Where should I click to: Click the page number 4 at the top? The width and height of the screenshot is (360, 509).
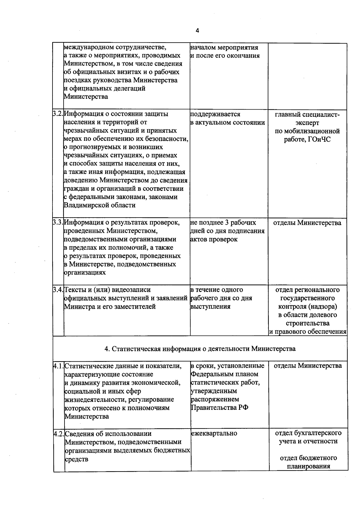pyautogui.click(x=197, y=31)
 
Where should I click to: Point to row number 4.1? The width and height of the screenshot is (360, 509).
pyautogui.click(x=59, y=366)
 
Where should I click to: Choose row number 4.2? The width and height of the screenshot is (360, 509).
pyautogui.click(x=59, y=434)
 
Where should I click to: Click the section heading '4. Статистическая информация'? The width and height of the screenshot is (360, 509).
pyautogui.click(x=200, y=348)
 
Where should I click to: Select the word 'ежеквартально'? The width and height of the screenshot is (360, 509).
pyautogui.click(x=214, y=433)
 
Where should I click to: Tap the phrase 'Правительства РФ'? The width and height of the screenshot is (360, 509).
pyautogui.click(x=220, y=408)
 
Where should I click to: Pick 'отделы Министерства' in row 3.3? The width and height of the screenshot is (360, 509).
pyautogui.click(x=307, y=223)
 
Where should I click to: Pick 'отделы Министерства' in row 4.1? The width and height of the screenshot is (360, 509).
pyautogui.click(x=308, y=366)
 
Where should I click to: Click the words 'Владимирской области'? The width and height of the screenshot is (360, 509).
pyautogui.click(x=100, y=205)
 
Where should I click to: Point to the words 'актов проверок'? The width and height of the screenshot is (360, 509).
pyautogui.click(x=214, y=239)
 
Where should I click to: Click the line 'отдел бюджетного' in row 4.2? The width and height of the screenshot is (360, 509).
pyautogui.click(x=308, y=458)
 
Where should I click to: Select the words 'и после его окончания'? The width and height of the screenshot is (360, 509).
pyautogui.click(x=225, y=56)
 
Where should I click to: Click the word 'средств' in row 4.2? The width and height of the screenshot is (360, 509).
pyautogui.click(x=76, y=459)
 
